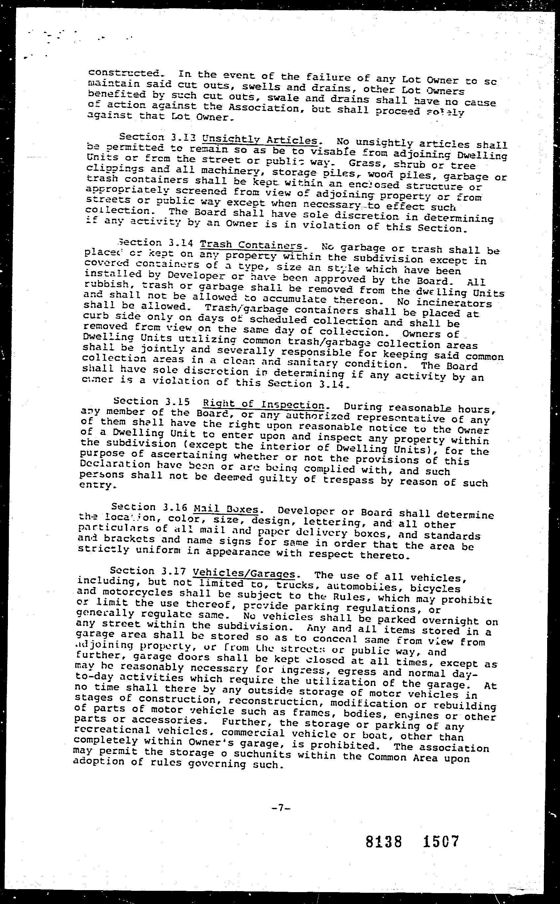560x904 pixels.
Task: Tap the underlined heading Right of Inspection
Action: pyautogui.click(x=264, y=404)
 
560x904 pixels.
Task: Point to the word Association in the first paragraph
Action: pyautogui.click(x=262, y=109)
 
